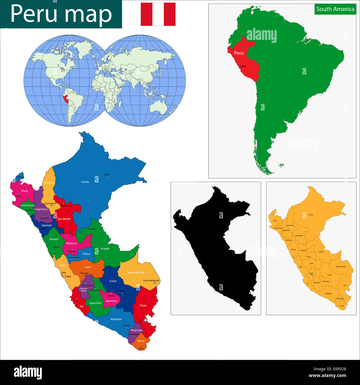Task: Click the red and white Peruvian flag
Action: click(x=158, y=14)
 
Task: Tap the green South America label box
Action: click(x=335, y=9)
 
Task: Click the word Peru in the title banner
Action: click(x=33, y=14)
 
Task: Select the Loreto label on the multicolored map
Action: click(x=85, y=182)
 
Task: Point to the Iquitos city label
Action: click(x=107, y=174)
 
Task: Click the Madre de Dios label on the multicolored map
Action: click(x=136, y=273)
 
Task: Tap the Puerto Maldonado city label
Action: click(x=151, y=281)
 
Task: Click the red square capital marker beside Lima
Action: click(x=63, y=276)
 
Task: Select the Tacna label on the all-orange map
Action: click(x=342, y=306)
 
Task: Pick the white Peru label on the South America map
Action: click(x=239, y=53)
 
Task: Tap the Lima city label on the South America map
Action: click(x=243, y=66)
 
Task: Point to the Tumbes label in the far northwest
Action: click(x=20, y=177)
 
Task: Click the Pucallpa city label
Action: click(x=91, y=229)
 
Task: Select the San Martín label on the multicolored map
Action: click(x=64, y=219)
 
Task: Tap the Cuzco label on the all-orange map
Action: click(x=330, y=275)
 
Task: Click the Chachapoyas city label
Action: click(x=50, y=203)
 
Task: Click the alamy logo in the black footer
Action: click(x=28, y=373)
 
